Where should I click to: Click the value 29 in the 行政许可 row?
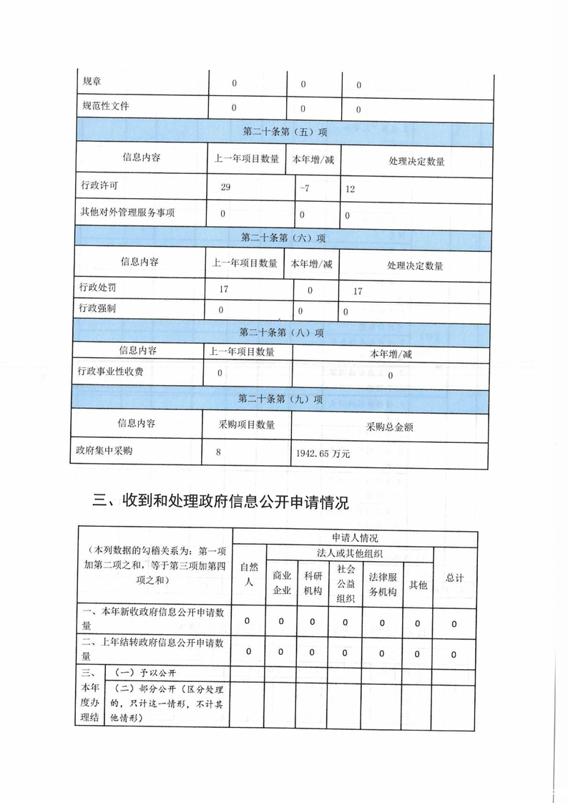pos(226,189)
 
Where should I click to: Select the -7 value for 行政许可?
pos(305,189)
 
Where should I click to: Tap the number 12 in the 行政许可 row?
pos(350,190)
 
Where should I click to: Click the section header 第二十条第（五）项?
pos(285,132)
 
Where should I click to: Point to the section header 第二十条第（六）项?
pos(283,238)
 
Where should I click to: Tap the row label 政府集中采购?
pos(105,452)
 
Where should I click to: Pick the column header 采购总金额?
pos(389,427)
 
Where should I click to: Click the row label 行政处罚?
pos(98,288)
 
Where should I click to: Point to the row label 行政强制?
pos(98,308)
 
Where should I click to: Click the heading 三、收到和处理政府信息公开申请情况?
pos(221,503)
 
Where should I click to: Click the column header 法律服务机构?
pos(382,583)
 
